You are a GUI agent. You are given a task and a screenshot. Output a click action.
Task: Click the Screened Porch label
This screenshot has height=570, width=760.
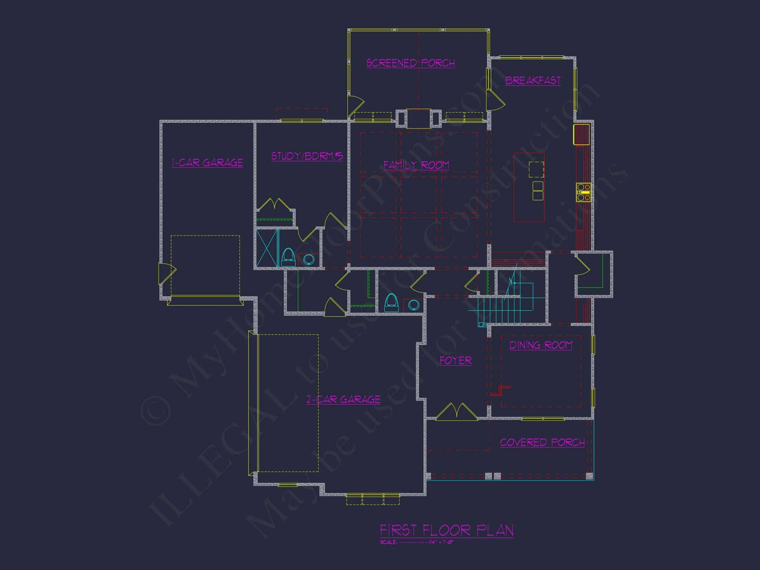click(411, 63)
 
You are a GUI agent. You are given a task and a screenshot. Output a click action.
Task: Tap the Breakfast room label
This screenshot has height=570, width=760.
click(533, 81)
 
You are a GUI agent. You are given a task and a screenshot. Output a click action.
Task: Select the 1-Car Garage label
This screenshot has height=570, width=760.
click(207, 163)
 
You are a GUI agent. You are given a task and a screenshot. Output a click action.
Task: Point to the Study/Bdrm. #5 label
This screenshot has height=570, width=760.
click(307, 156)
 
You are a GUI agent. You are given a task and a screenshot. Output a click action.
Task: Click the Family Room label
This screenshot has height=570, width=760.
click(416, 165)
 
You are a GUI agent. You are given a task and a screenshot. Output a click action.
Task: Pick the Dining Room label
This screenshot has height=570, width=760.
click(541, 345)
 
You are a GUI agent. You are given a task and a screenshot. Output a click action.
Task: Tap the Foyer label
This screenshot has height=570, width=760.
click(456, 361)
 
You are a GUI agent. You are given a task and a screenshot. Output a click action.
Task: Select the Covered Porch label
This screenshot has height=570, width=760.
click(542, 443)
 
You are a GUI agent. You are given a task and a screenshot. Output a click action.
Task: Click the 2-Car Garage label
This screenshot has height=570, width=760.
click(343, 399)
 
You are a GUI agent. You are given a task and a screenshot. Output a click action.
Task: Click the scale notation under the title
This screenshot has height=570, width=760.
click(417, 543)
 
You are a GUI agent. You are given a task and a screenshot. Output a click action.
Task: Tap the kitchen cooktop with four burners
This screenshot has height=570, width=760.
click(584, 192)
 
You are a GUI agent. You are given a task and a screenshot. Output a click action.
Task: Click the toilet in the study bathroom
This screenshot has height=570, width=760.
click(288, 257)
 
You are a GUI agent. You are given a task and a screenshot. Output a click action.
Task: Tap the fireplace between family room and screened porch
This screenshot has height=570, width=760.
click(418, 118)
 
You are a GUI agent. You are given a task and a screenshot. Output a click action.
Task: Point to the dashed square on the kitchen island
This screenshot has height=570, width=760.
click(536, 170)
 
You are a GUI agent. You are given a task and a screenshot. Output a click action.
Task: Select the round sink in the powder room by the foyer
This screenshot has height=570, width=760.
click(413, 304)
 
